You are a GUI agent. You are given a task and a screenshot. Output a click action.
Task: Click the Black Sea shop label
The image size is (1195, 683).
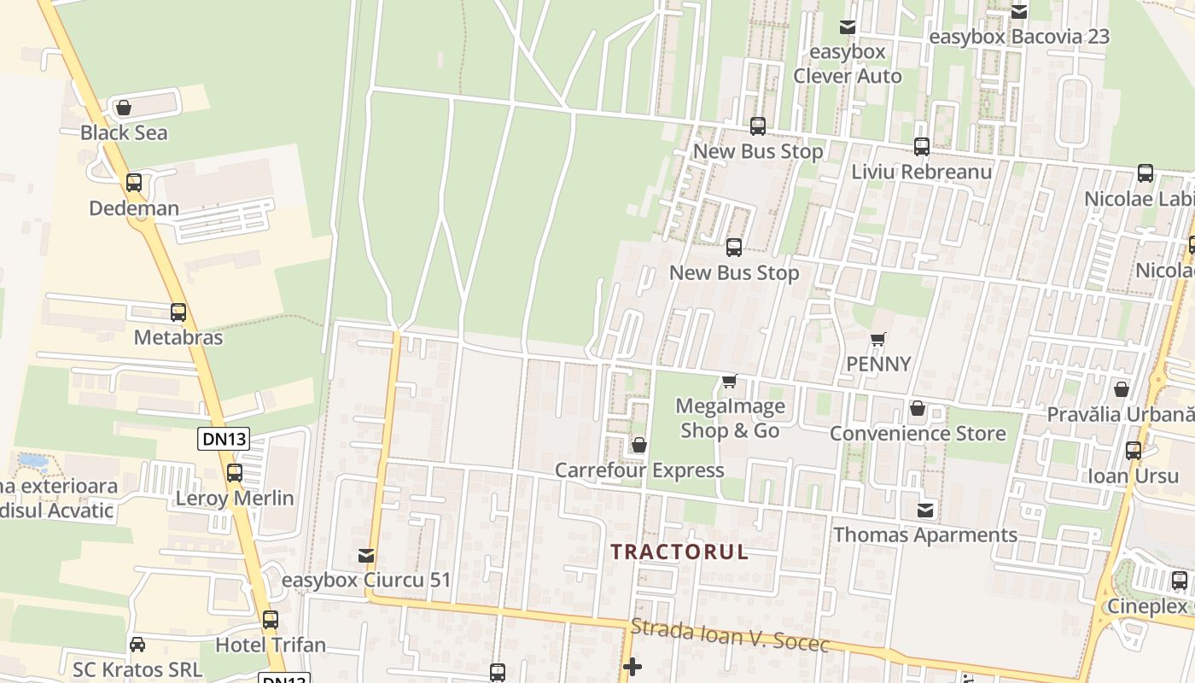[x=124, y=133]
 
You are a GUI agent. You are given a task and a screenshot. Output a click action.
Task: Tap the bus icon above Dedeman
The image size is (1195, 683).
[x=134, y=183]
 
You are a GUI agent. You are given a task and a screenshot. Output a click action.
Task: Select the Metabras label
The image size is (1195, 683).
[x=178, y=337]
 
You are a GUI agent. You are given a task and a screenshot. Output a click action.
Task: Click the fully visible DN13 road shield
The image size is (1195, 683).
[x=224, y=440]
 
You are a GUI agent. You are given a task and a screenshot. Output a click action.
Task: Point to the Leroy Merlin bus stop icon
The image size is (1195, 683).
[x=235, y=472]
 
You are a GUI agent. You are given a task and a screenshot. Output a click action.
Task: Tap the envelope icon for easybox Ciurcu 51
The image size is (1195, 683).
[x=366, y=556]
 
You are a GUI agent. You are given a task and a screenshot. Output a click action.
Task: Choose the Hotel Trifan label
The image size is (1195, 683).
[x=271, y=645]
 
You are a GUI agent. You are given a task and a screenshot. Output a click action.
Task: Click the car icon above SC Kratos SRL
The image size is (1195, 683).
[x=137, y=644]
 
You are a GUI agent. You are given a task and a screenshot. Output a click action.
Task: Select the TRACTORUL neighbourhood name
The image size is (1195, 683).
[x=679, y=552]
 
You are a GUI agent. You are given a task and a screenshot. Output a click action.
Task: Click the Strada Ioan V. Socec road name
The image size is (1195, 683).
[x=730, y=636]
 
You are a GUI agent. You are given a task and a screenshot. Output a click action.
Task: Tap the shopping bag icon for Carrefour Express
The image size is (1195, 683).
[x=638, y=445]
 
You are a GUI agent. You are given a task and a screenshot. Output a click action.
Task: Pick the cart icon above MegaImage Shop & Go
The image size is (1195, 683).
[x=729, y=381]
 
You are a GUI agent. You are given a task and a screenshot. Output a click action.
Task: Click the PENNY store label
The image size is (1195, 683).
[x=878, y=365]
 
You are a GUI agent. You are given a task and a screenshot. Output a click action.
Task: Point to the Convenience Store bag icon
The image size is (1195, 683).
[x=918, y=409]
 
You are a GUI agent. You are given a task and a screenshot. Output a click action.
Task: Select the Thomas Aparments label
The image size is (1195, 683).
[x=925, y=535]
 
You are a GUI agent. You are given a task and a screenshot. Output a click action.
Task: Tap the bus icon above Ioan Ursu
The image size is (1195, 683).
[x=1134, y=451]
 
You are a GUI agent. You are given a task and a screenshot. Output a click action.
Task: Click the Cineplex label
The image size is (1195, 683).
[x=1147, y=606]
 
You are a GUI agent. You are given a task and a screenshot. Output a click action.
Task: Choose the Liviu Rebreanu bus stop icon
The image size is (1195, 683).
[x=922, y=147]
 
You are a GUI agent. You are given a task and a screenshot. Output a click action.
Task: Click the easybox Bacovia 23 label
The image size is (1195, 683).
[x=1019, y=37]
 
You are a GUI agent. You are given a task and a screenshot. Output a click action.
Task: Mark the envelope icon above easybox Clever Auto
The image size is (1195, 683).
[x=848, y=27]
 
